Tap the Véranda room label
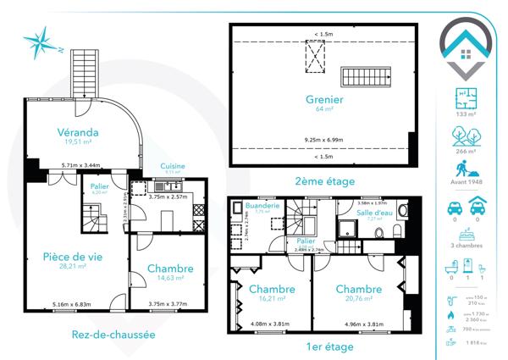pyautogui.click(x=79, y=132)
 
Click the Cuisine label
pyautogui.click(x=173, y=166)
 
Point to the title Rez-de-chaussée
pyautogui.click(x=113, y=335)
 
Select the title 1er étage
pyautogui.click(x=325, y=346)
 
